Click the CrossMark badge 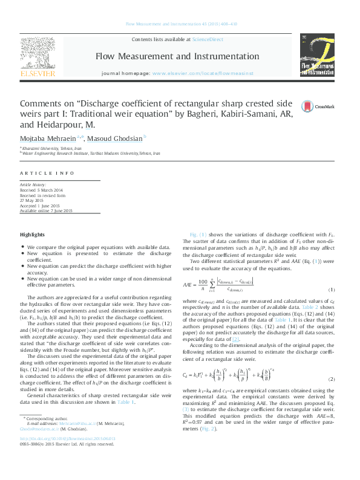point(318,106)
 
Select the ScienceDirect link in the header point(207,39)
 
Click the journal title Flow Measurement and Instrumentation point(177,56)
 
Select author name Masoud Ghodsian point(128,139)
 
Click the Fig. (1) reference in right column point(198,233)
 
